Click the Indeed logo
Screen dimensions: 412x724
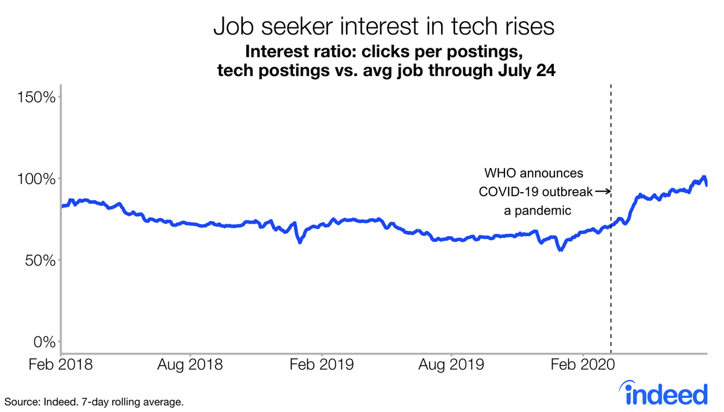665,394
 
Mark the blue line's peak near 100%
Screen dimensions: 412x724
703,177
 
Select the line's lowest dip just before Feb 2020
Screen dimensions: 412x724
561,249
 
